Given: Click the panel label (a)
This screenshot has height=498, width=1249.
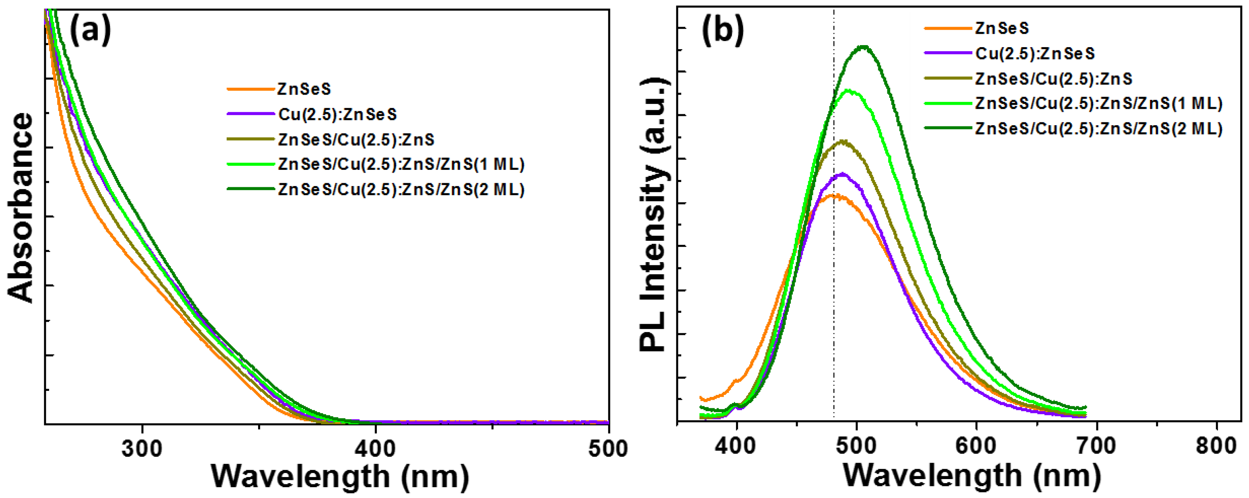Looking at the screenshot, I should (x=91, y=31).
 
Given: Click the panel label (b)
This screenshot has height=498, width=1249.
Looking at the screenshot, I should (x=722, y=31).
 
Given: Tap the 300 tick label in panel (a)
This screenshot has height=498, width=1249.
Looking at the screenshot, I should (x=142, y=449).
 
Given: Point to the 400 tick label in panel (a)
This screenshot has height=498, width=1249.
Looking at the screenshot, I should (x=375, y=449).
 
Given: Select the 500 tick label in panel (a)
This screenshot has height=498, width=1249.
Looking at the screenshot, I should (x=608, y=449).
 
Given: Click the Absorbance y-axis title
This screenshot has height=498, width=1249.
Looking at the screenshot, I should (x=21, y=209).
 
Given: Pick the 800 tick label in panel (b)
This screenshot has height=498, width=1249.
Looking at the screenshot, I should (x=1216, y=446).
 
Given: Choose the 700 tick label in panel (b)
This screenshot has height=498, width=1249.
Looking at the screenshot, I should (x=1096, y=446).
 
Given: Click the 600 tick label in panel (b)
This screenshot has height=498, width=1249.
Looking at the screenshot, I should (x=976, y=446).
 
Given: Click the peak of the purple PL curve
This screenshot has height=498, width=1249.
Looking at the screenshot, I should (x=842, y=174).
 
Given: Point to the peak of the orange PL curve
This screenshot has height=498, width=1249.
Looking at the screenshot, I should (x=832, y=195).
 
